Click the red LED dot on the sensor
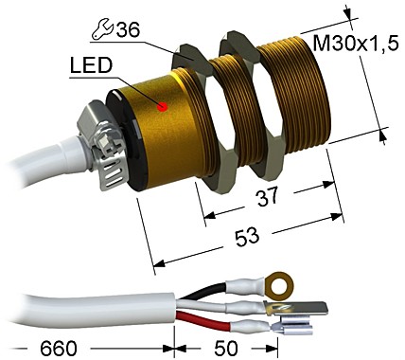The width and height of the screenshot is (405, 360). tap(163, 106)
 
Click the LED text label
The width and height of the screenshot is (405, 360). tap(89, 67)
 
